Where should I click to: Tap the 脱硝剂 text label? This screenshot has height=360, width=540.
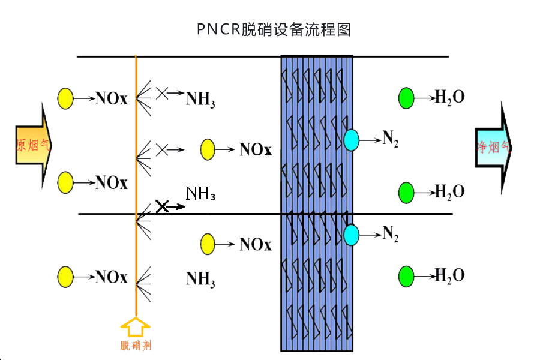(135, 346)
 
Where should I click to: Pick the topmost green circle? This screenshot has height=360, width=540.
(406, 98)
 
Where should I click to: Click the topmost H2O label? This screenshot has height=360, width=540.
(449, 97)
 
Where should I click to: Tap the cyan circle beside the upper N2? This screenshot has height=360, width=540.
(351, 140)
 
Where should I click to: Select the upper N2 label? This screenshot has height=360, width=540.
(391, 139)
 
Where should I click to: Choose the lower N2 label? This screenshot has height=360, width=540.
(391, 234)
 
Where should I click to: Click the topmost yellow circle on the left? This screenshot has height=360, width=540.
(65, 98)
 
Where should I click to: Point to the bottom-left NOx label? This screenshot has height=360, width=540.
(111, 277)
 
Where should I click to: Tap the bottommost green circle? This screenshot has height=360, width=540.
(406, 277)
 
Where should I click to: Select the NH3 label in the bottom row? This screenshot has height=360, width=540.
(200, 279)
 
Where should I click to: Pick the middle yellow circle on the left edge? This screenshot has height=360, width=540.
(65, 182)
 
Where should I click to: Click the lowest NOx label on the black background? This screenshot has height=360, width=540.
(255, 244)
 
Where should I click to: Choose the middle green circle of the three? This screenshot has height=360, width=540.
(406, 193)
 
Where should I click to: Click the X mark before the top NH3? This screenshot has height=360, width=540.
(161, 93)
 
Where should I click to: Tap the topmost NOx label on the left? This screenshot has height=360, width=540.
(111, 98)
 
